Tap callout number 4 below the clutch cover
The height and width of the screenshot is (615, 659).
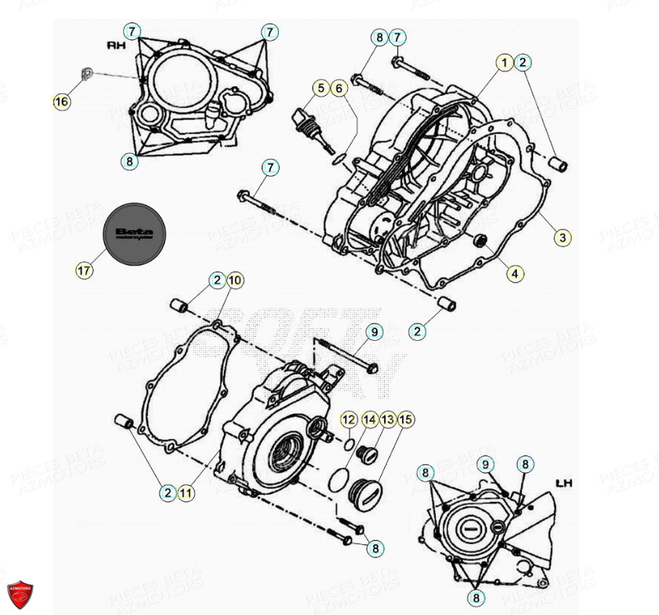click(514, 274)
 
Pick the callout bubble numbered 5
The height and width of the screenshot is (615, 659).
click(320, 88)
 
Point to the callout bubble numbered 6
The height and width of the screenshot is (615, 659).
click(339, 88)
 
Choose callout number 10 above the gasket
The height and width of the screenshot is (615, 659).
click(236, 280)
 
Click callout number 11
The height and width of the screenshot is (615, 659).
click(185, 493)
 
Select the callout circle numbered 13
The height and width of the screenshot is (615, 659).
click(386, 420)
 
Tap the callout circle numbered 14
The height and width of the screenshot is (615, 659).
click(368, 420)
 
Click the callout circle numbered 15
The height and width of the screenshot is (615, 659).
click(405, 420)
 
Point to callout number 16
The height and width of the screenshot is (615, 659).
click(61, 102)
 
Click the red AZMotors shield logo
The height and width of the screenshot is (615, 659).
click(20, 595)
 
